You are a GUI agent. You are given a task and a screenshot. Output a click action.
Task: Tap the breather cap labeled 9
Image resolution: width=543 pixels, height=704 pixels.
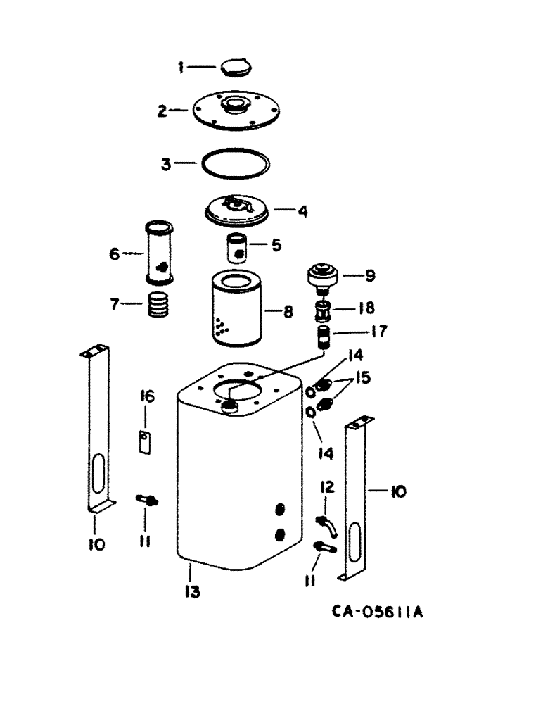pyautogui.click(x=324, y=276)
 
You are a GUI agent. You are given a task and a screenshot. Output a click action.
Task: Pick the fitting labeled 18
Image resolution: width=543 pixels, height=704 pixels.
pyautogui.click(x=324, y=309)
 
